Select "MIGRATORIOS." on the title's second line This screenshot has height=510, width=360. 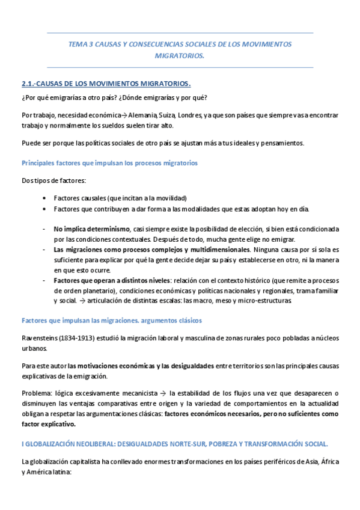tap(180, 55)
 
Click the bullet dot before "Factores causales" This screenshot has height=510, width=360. tap(46, 198)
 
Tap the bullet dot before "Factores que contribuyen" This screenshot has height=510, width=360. tap(46, 209)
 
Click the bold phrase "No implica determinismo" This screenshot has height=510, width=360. tap(91, 229)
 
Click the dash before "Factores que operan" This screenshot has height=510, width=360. tap(44, 280)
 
